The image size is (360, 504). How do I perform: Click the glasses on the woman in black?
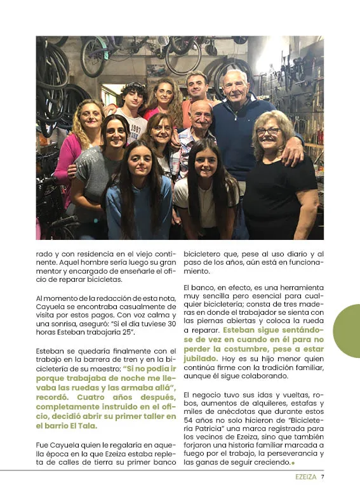[269, 131]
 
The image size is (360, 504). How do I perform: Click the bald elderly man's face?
[201, 116]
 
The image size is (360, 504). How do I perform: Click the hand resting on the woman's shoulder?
[294, 150]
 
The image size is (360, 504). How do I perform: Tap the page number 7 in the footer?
[323, 477]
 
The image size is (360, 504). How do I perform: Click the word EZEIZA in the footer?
[306, 477]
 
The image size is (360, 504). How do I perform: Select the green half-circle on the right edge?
[348, 330]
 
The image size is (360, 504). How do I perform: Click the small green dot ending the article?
[293, 463]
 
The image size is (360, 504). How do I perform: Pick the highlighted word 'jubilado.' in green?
[201, 359]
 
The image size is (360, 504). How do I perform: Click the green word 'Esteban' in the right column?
[241, 331]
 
